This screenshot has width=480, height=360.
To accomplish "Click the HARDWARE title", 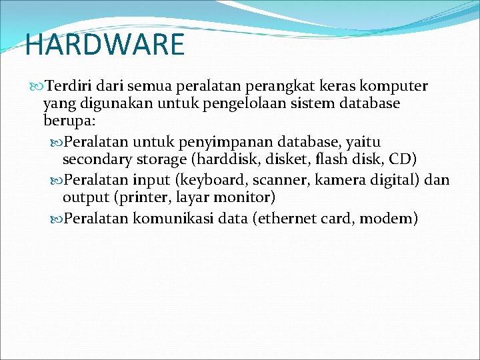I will [x=105, y=45].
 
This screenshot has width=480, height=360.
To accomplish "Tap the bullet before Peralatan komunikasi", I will [x=57, y=218].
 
